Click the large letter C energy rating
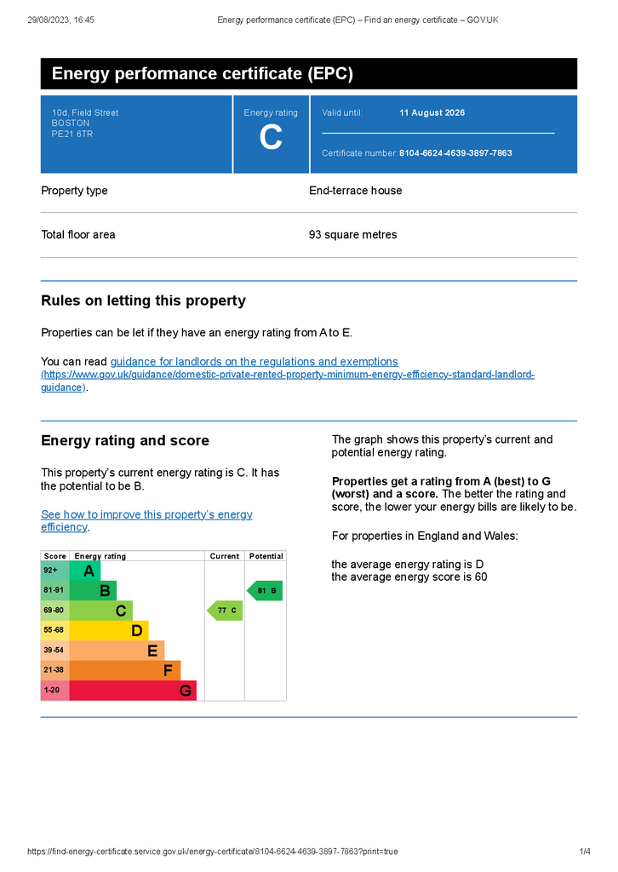pyautogui.click(x=271, y=138)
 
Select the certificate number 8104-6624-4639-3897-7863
pyautogui.click(x=455, y=153)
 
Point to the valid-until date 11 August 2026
pyautogui.click(x=432, y=112)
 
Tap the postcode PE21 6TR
pyautogui.click(x=72, y=134)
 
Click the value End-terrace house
pyautogui.click(x=355, y=191)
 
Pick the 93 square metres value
pyautogui.click(x=352, y=235)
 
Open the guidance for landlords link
pyautogui.click(x=254, y=362)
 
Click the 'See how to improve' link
pyautogui.click(x=146, y=520)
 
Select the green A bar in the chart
pyautogui.click(x=84, y=571)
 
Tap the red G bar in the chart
pyautogui.click(x=132, y=691)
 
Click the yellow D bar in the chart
pyautogui.click(x=108, y=631)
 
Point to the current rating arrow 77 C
pyautogui.click(x=226, y=611)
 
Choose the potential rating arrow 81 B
pyautogui.click(x=265, y=590)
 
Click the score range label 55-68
pyautogui.click(x=54, y=630)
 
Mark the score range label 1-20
pyautogui.click(x=53, y=691)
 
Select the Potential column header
pyautogui.click(x=266, y=556)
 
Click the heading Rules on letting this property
pyautogui.click(x=143, y=301)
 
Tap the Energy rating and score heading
pyautogui.click(x=125, y=440)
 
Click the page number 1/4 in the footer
pyautogui.click(x=585, y=852)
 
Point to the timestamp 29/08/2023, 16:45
pyautogui.click(x=60, y=20)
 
